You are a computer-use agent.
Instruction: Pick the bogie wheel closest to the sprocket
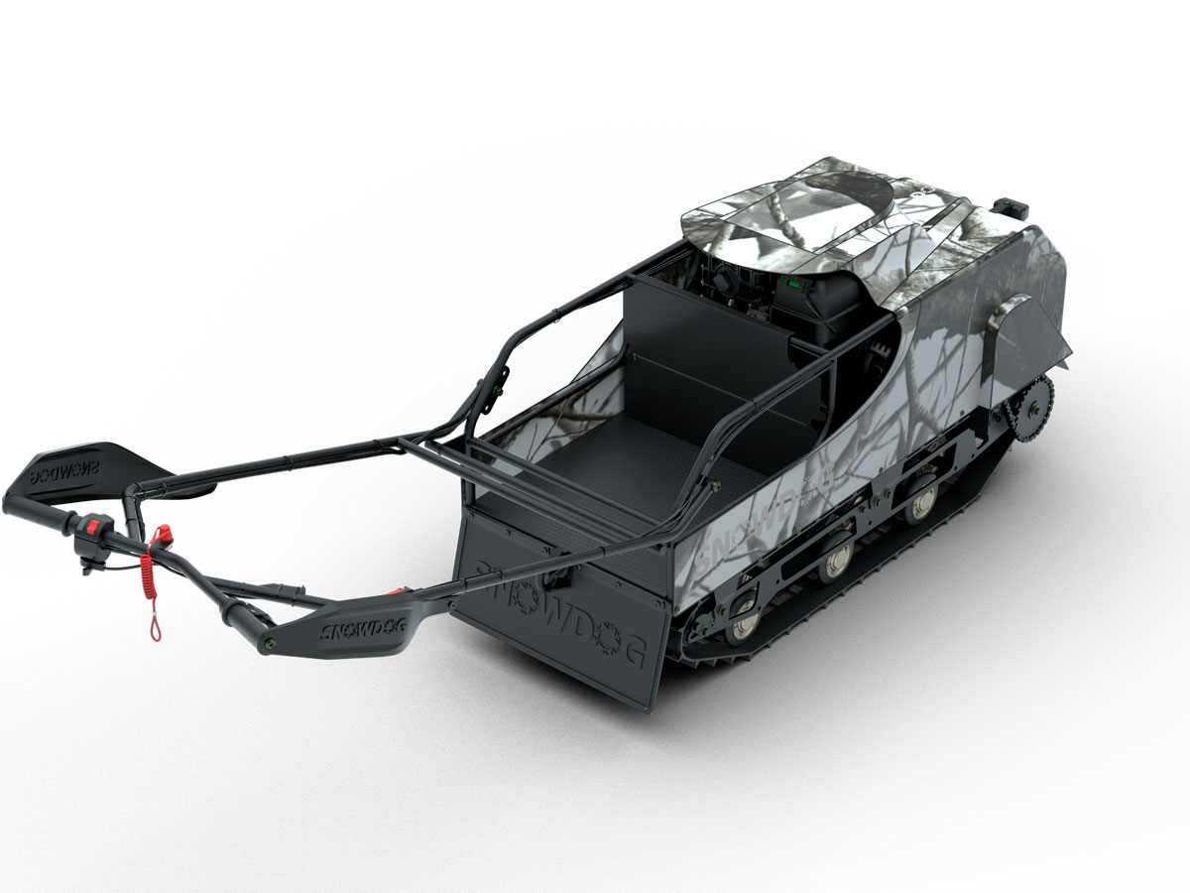tap(920, 502)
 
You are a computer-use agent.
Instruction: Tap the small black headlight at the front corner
tap(1009, 205)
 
